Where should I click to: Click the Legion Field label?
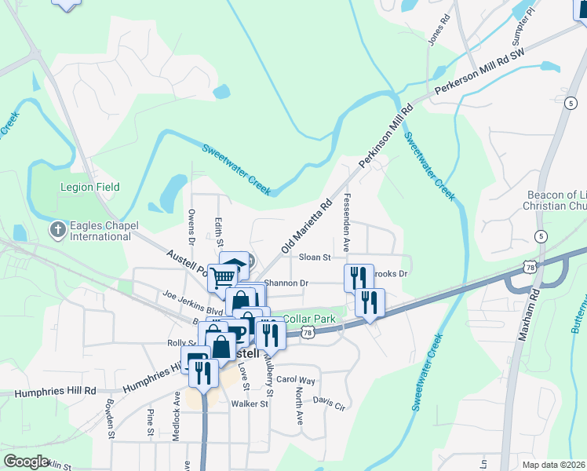pyautogui.click(x=90, y=187)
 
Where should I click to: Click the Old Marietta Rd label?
pyautogui.click(x=304, y=228)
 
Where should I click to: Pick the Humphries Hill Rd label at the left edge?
pyautogui.click(x=47, y=390)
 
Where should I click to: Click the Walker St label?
pyautogui.click(x=250, y=404)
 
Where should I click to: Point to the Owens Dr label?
pyautogui.click(x=191, y=222)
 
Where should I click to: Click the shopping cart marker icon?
pyautogui.click(x=224, y=276)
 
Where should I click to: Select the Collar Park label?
pyautogui.click(x=309, y=319)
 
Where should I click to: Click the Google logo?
pyautogui.click(x=26, y=462)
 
